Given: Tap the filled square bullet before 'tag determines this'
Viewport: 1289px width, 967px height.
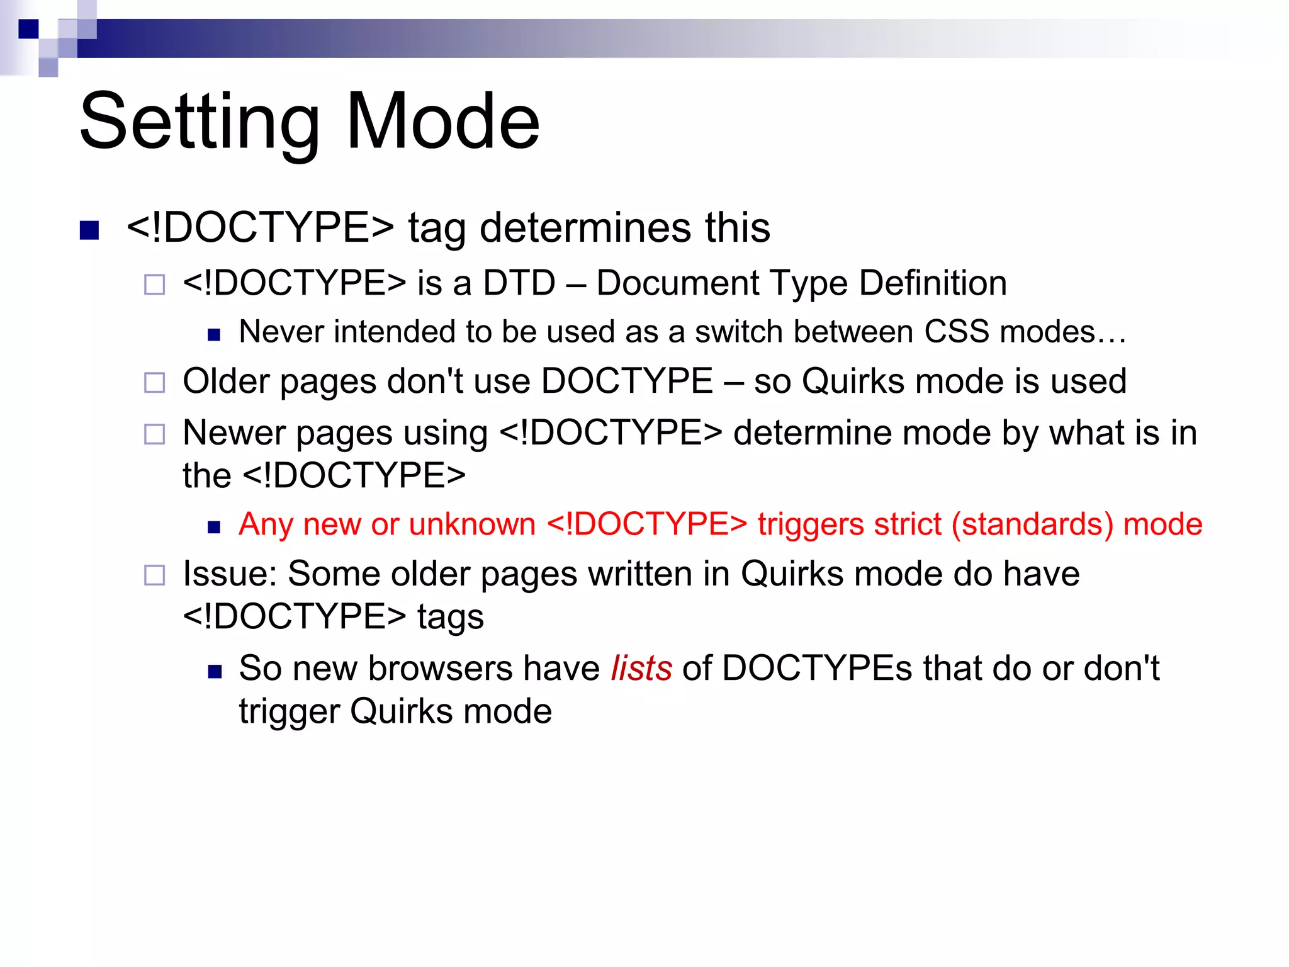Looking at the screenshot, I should click(89, 230).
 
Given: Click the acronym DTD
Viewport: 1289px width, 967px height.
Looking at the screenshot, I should click(519, 283).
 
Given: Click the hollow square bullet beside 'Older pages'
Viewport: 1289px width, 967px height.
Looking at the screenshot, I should click(154, 382).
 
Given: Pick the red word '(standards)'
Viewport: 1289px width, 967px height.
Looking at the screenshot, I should click(1032, 524).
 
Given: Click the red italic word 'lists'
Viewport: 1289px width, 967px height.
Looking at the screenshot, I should click(641, 669).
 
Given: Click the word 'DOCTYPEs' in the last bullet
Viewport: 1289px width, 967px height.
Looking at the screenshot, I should click(816, 669).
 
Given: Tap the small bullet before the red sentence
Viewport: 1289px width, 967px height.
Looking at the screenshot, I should click(214, 528).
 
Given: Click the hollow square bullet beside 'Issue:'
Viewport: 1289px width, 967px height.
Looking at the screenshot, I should click(154, 575).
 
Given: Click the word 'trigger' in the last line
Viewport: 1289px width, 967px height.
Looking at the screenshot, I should click(289, 712).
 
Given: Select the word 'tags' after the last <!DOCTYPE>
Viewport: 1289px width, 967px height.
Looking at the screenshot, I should click(450, 617).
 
